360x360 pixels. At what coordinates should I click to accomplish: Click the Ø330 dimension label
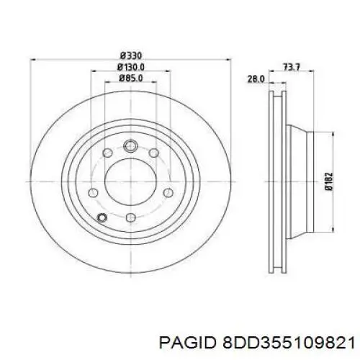click(x=131, y=56)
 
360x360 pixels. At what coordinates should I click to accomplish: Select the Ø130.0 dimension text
click(x=131, y=67)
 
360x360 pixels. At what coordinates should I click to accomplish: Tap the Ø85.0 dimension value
click(x=131, y=78)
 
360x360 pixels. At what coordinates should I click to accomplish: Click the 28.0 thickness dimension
click(x=256, y=79)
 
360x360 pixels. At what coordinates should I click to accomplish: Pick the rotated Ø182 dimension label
click(x=330, y=181)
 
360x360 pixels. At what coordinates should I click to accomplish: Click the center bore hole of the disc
click(x=130, y=181)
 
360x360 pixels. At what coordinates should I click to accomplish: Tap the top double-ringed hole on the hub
click(x=130, y=145)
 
